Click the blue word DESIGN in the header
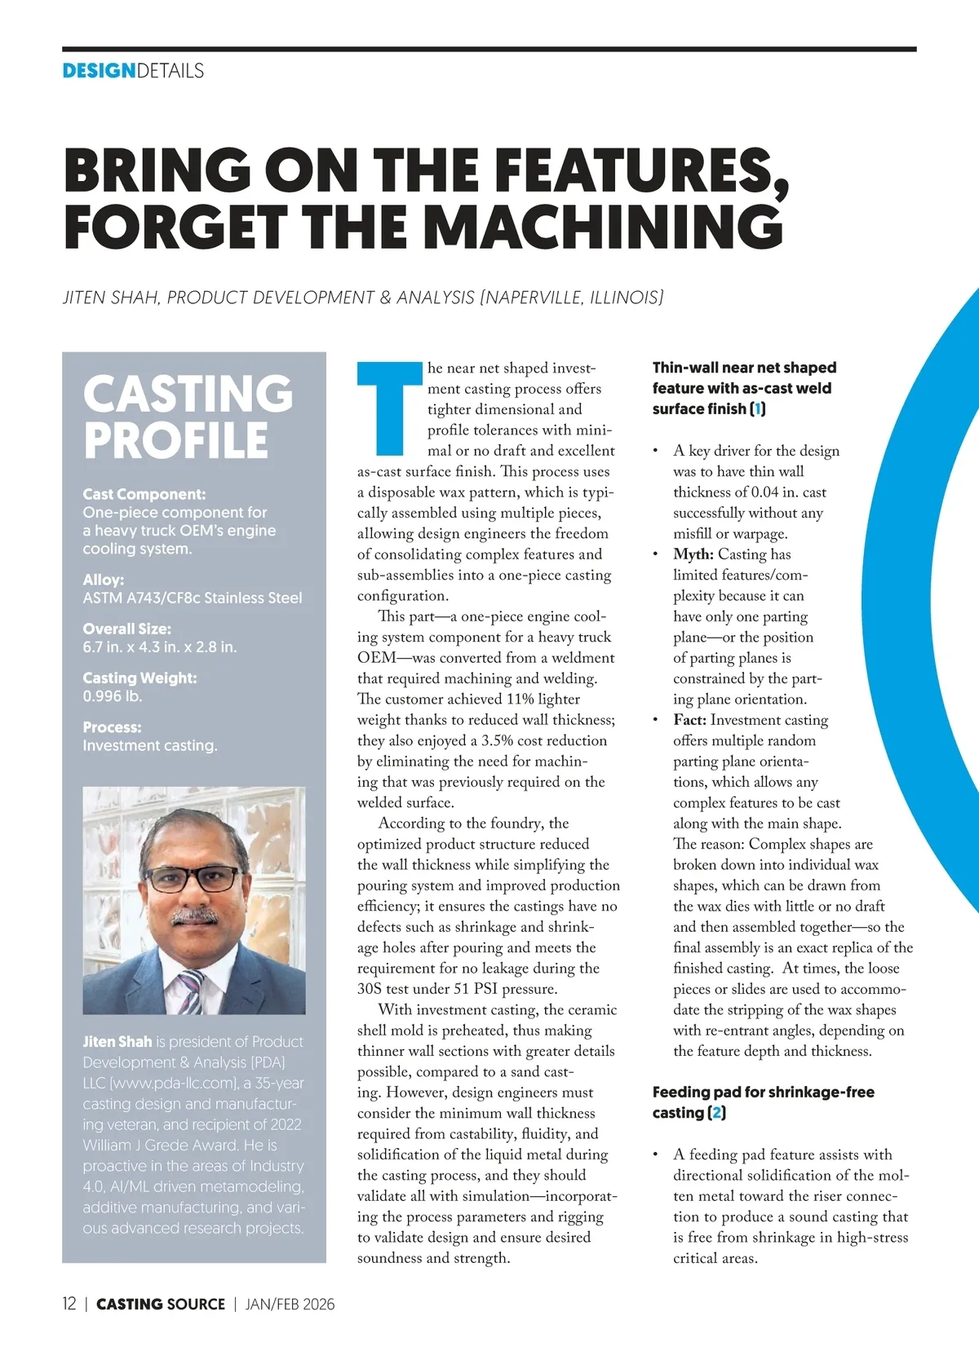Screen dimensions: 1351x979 (99, 71)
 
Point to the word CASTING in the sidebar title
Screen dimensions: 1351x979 (188, 394)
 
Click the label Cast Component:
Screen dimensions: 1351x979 (144, 494)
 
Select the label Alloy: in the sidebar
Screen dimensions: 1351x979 (103, 580)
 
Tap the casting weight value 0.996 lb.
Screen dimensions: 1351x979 (113, 696)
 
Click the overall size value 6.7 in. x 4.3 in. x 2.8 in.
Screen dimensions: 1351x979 (159, 647)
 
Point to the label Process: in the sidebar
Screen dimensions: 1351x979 (112, 727)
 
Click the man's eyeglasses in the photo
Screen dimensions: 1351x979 (193, 879)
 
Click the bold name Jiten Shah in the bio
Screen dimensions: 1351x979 (117, 1042)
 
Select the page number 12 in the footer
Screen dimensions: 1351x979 (69, 1304)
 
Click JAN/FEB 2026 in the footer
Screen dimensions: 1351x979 (290, 1304)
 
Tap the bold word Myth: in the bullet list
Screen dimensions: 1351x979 (693, 554)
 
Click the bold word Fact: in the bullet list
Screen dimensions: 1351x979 (689, 720)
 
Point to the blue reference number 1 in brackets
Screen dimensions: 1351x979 (758, 408)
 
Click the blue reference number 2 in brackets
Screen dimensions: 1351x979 (717, 1113)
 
